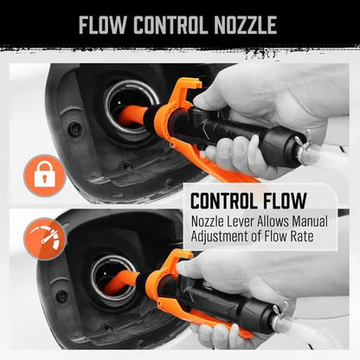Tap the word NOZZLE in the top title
(243, 24)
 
